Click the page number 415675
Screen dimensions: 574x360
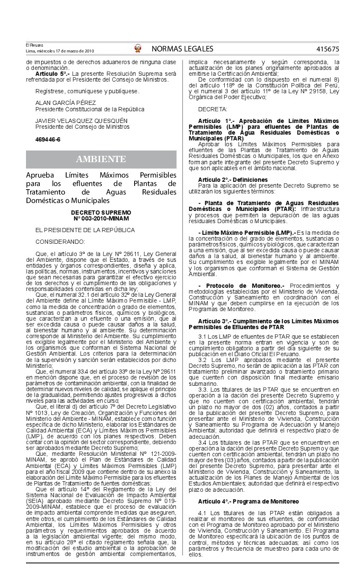point(327,49)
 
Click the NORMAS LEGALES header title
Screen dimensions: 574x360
point(182,49)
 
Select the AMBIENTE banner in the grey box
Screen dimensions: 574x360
point(101,160)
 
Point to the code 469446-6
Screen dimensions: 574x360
point(48,139)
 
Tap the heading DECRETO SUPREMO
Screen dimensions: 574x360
point(101,211)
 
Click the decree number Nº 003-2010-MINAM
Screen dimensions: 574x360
point(101,217)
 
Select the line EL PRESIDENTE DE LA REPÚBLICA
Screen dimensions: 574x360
point(85,229)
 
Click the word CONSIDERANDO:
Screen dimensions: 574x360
point(60,242)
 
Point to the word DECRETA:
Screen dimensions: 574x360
point(213,109)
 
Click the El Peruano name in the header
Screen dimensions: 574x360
point(34,46)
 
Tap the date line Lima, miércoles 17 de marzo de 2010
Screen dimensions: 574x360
point(60,51)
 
